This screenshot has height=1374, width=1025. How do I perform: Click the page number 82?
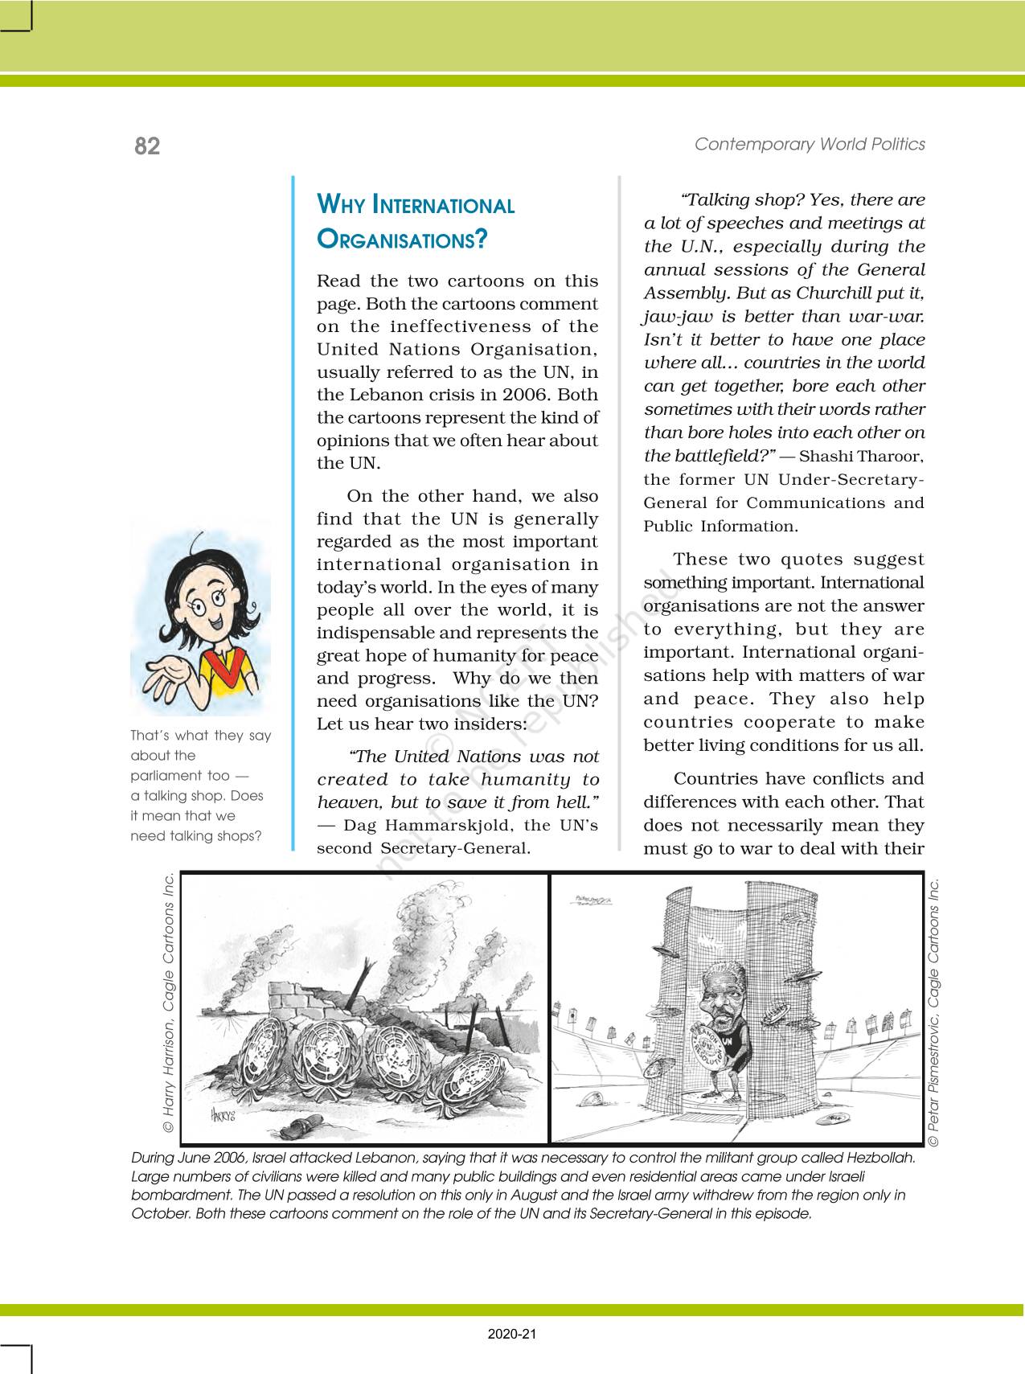point(147,146)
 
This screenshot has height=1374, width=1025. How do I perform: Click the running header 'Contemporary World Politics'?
point(810,144)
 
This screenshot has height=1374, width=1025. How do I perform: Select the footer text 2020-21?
point(512,1335)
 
